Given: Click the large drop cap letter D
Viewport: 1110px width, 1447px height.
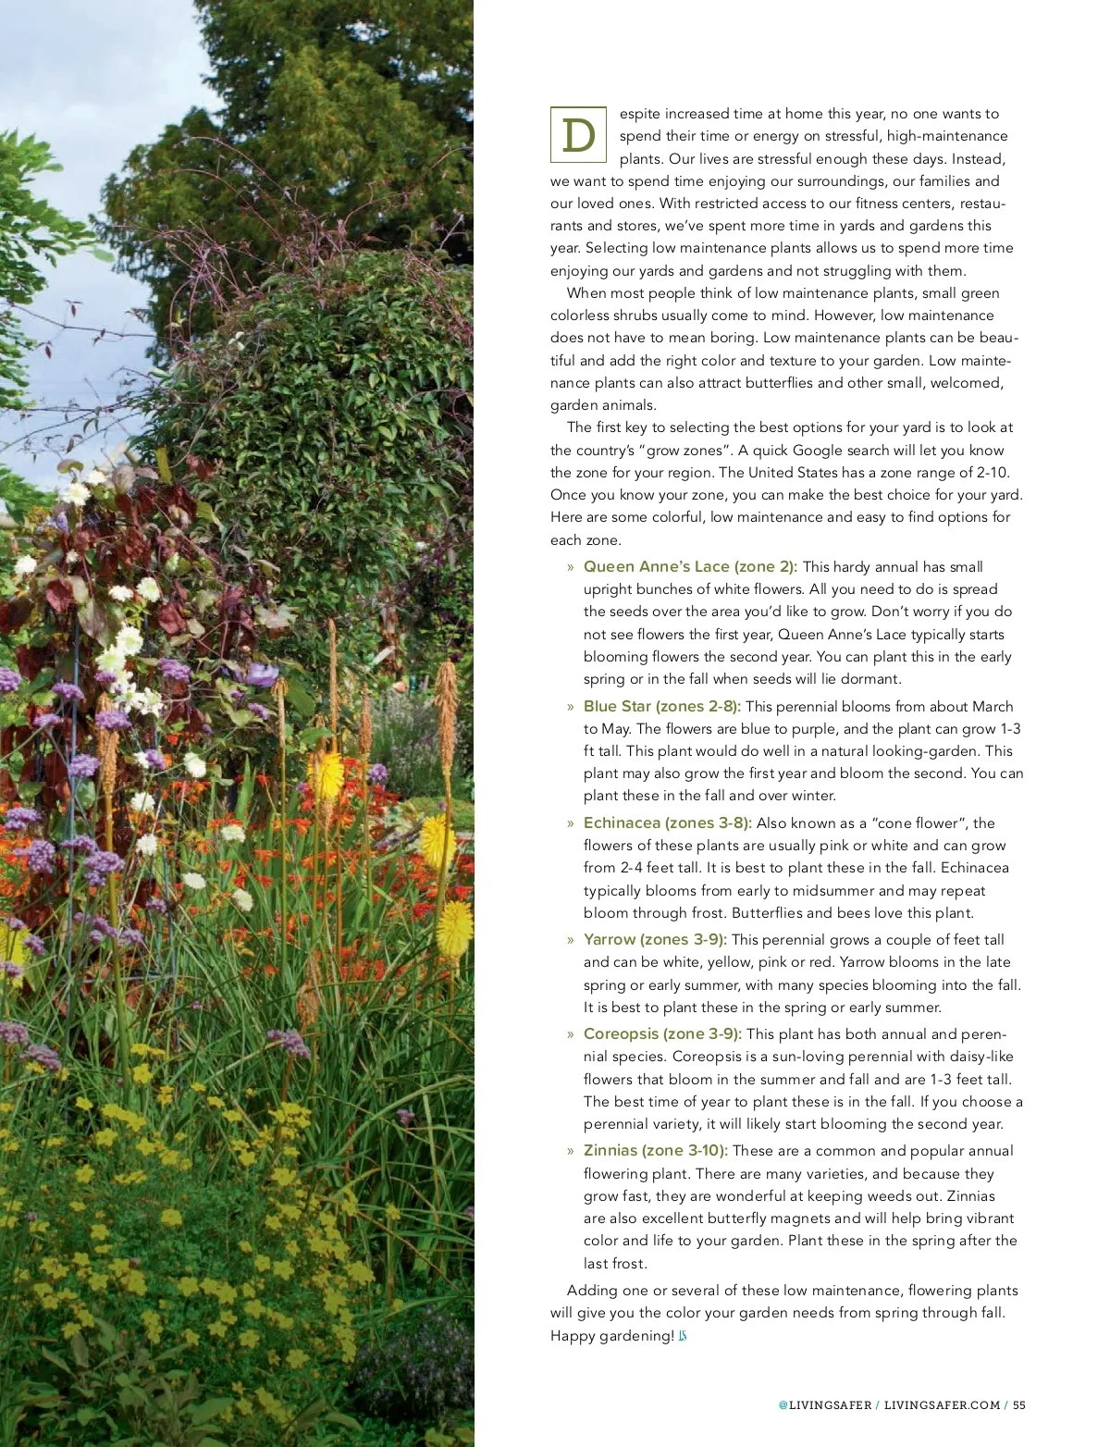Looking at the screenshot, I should pyautogui.click(x=578, y=135).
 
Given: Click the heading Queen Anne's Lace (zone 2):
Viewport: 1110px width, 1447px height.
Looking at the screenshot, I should pyautogui.click(x=690, y=566).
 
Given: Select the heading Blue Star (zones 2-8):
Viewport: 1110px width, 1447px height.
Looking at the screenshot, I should pyautogui.click(x=661, y=706).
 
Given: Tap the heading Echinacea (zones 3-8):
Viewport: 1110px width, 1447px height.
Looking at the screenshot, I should pyautogui.click(x=667, y=822).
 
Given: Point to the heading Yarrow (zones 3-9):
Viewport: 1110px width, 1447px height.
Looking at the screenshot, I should pyautogui.click(x=655, y=939).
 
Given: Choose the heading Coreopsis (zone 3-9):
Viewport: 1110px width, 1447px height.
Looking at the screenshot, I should pyautogui.click(x=662, y=1033).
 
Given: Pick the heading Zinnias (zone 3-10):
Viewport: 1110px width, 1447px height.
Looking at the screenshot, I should pyautogui.click(x=655, y=1150).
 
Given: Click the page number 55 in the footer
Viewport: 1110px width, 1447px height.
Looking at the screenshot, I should pyautogui.click(x=1019, y=1404).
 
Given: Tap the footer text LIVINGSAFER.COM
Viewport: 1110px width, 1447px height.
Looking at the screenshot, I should pyautogui.click(x=942, y=1404).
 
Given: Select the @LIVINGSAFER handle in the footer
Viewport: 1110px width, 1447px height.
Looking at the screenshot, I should pyautogui.click(x=825, y=1404).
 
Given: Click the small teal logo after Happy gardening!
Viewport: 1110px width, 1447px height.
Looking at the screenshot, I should pyautogui.click(x=683, y=1335).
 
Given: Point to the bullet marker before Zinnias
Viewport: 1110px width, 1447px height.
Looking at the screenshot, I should pyautogui.click(x=571, y=1151).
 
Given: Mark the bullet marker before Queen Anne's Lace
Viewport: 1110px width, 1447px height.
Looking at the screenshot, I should pyautogui.click(x=571, y=567).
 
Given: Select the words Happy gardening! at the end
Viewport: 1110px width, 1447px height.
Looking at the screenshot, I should pyautogui.click(x=611, y=1335).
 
